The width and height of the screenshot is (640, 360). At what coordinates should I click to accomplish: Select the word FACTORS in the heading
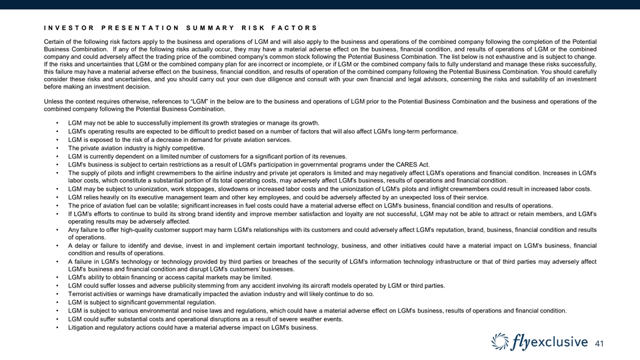pyautogui.click(x=295, y=27)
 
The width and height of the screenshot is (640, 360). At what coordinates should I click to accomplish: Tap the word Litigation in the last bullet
pyautogui.click(x=83, y=327)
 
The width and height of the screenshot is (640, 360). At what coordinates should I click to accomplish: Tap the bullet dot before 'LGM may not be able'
pyautogui.click(x=59, y=123)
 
